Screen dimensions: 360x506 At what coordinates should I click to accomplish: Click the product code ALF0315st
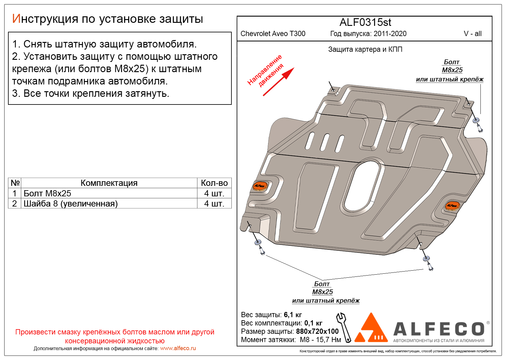365,22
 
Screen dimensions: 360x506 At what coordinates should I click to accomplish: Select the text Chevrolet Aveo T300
273,34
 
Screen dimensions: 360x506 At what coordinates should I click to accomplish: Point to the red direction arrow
279,82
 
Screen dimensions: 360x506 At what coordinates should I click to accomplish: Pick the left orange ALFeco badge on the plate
259,186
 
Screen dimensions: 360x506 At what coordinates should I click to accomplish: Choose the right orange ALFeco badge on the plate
452,205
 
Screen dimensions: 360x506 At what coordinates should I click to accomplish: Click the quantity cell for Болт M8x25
214,193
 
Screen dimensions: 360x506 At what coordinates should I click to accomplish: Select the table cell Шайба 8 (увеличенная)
71,203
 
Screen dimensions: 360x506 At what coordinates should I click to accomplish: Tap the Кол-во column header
214,183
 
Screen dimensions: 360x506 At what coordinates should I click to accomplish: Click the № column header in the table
15,183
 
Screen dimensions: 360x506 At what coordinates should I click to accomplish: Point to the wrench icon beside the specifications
344,327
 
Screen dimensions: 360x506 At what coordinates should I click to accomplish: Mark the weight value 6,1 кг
293,315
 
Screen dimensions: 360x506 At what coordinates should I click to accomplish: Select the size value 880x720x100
317,331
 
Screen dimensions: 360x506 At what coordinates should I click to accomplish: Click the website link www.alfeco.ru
178,348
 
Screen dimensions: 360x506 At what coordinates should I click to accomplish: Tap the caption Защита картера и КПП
365,49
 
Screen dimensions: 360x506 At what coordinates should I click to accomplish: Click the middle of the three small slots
325,142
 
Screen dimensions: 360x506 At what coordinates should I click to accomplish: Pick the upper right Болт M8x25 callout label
452,66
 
